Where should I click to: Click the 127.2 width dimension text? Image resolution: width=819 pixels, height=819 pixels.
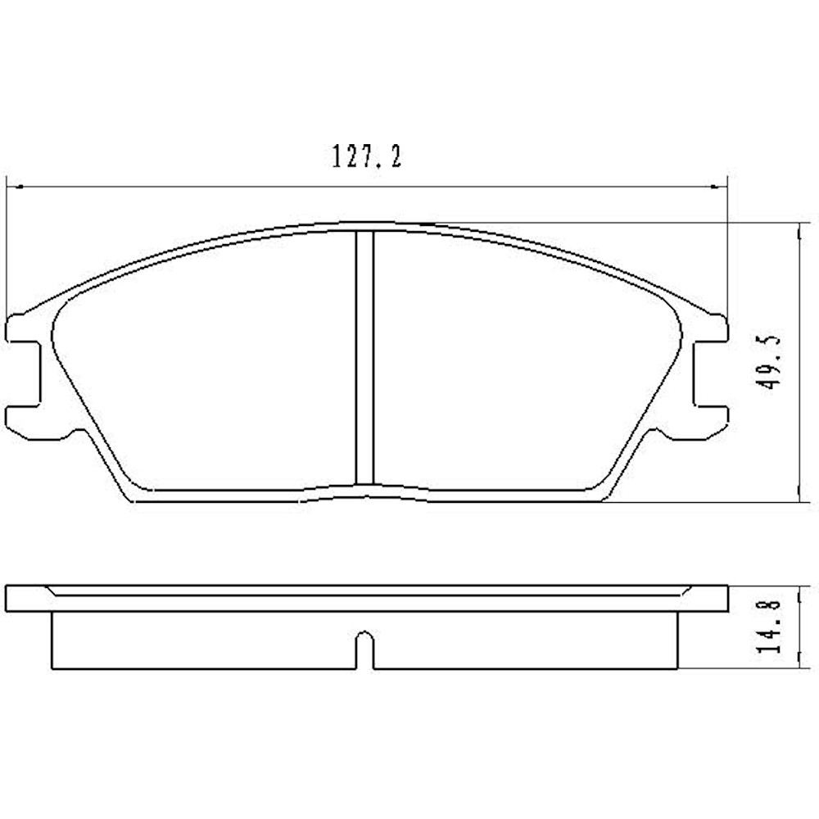coord(366,156)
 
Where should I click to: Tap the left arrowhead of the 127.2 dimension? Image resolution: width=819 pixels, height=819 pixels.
coord(11,187)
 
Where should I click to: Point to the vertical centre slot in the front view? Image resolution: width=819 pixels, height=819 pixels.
coord(365,358)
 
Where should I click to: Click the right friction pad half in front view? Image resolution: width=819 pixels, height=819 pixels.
coord(524,364)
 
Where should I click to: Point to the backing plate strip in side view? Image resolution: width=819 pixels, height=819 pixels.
coord(366,599)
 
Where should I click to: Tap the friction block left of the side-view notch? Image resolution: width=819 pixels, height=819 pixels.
coord(205,640)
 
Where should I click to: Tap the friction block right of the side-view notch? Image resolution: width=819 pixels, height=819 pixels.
coord(524,640)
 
